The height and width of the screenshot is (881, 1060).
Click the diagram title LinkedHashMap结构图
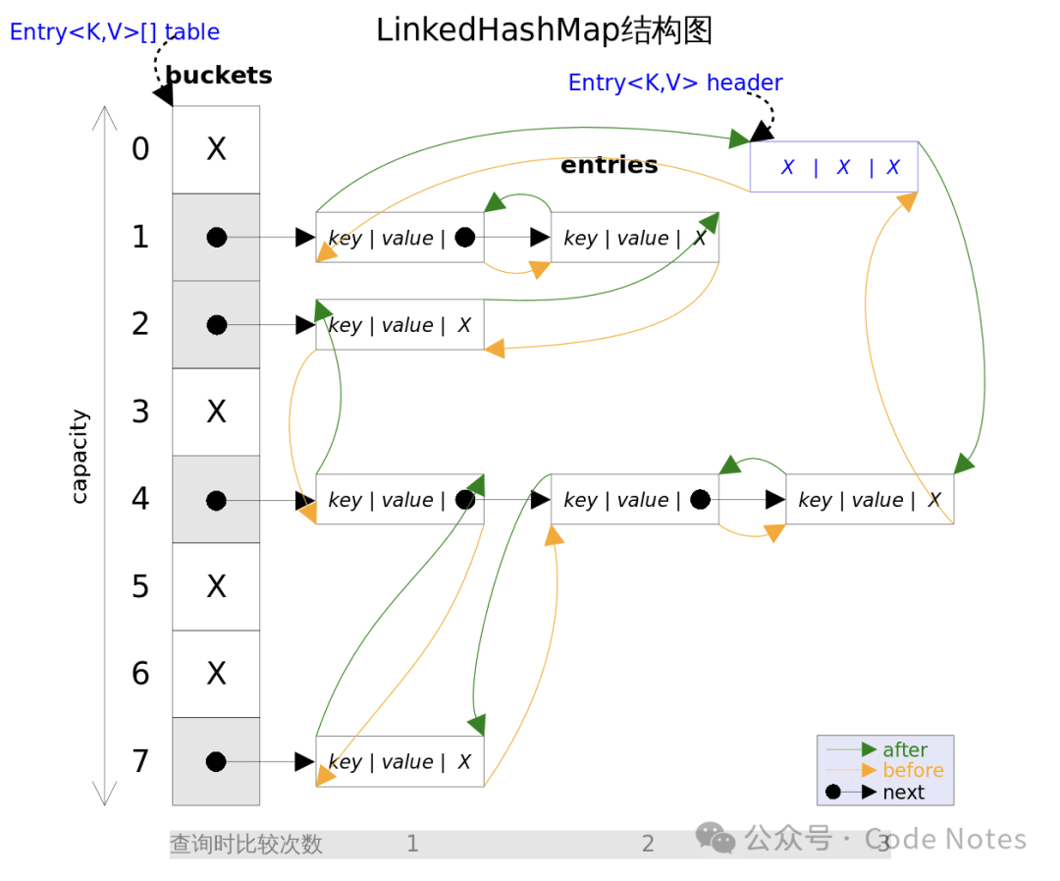pos(544,30)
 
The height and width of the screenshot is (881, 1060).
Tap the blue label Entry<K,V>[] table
pos(115,32)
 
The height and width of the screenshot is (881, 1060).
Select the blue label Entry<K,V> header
pos(675,83)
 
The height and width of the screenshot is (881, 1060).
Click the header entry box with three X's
pos(833,167)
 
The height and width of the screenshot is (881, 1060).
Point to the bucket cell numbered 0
pos(216,149)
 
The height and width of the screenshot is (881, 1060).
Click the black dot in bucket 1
pos(217,238)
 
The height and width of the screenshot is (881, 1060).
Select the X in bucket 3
pos(216,412)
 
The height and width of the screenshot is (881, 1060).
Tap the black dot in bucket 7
pos(217,762)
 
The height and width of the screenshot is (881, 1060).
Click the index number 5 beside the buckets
pos(140,586)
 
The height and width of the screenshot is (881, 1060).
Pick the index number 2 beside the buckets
pos(140,324)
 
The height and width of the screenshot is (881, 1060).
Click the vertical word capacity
pos(79,457)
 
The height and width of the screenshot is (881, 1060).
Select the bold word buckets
pos(219,76)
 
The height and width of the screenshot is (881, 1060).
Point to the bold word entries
pos(609,165)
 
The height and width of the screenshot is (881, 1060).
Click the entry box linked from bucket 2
pos(399,325)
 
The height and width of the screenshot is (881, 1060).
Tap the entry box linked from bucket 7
pos(399,762)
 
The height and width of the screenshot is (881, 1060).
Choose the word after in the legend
pos(904,750)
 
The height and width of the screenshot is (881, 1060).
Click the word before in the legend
pos(913,771)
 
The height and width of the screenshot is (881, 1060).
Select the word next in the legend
pos(903,793)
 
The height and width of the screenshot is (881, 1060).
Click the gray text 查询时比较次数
pos(246,845)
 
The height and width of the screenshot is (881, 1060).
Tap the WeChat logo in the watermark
pos(715,838)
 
